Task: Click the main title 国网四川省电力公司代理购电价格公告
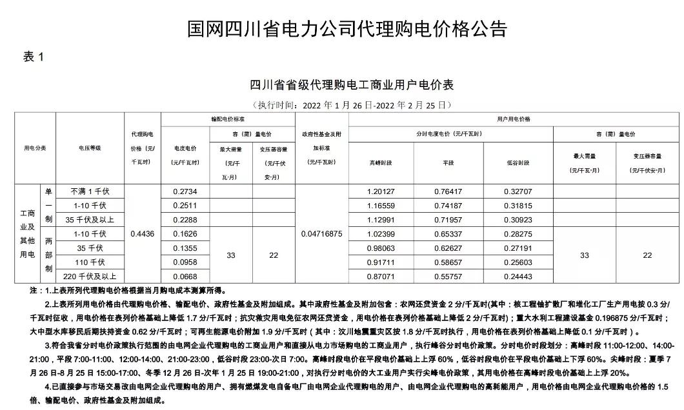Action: [x=347, y=29]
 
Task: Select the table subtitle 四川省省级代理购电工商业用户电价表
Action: [x=352, y=85]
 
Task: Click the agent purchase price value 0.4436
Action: [x=142, y=234]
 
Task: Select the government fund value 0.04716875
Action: [x=321, y=234]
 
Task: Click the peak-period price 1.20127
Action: [x=380, y=192]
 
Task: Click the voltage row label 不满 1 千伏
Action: [x=90, y=192]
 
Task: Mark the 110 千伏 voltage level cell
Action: [x=90, y=262]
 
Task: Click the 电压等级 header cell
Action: [x=90, y=148]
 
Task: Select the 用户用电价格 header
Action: [x=514, y=119]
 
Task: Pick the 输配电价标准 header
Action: [x=228, y=119]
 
